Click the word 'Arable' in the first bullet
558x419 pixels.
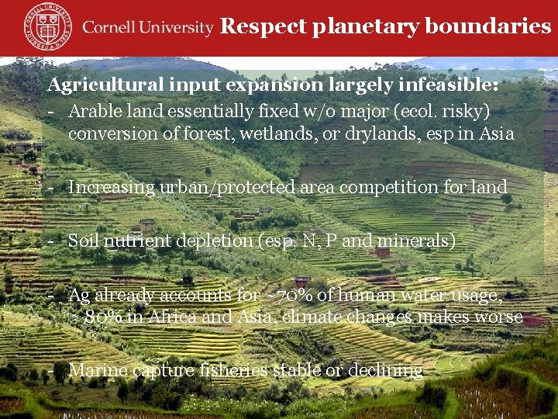tap(91, 111)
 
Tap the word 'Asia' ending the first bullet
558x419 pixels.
tap(497, 133)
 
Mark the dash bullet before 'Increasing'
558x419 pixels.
tap(50, 188)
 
